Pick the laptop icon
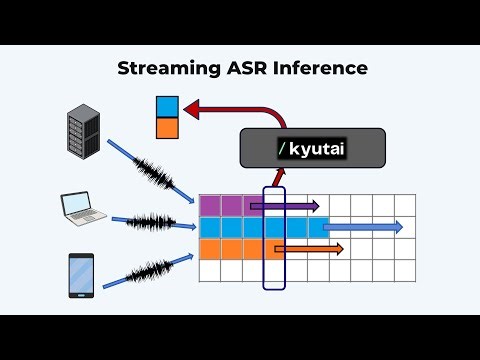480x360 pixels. (x=80, y=209)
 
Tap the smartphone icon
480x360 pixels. (x=81, y=275)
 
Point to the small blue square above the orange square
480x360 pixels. (x=166, y=106)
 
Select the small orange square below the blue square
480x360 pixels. (x=166, y=127)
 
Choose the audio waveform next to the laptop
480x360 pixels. (x=150, y=220)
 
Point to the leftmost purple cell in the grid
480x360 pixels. (x=210, y=206)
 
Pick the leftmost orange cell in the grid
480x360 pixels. (x=210, y=249)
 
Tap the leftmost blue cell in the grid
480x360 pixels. (x=210, y=227)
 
